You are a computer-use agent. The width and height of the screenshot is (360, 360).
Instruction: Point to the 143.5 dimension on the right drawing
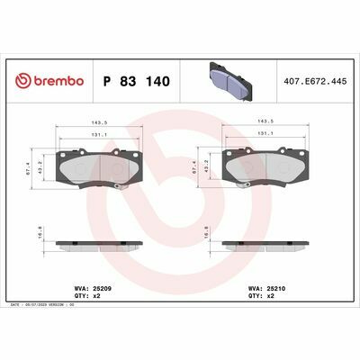click(x=266, y=121)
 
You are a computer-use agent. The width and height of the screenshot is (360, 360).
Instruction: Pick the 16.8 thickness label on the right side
click(x=207, y=232)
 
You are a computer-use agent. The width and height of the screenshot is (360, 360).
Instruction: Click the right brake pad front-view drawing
click(x=266, y=169)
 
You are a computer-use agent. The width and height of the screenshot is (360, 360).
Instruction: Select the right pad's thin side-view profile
click(x=266, y=244)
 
